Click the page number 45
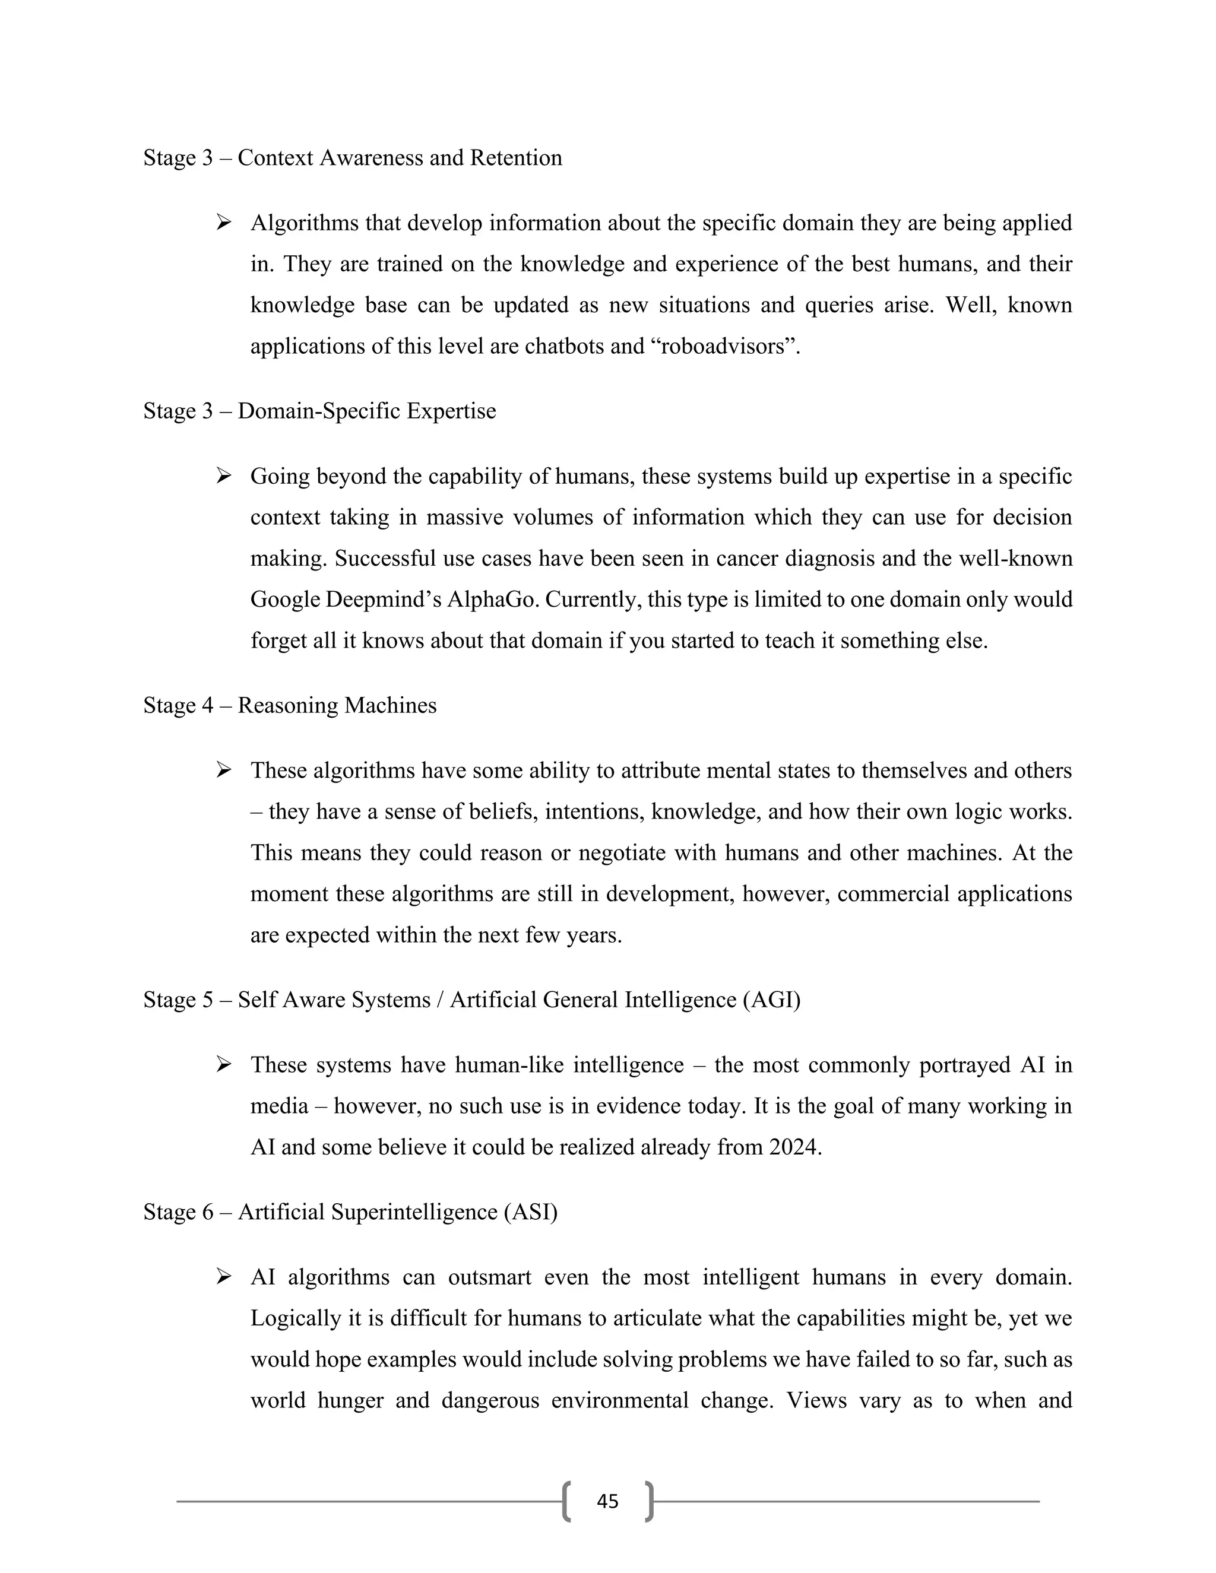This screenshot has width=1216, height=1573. point(607,1501)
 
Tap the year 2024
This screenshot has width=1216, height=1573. point(794,1147)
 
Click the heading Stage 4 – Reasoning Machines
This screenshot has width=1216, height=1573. point(290,705)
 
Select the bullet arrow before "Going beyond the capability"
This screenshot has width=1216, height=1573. point(223,476)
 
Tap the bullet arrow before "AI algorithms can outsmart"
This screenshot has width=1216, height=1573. point(223,1277)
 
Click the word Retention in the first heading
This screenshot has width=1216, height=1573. point(516,158)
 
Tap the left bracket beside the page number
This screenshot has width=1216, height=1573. point(567,1501)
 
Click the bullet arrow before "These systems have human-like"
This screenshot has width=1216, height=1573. point(223,1064)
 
